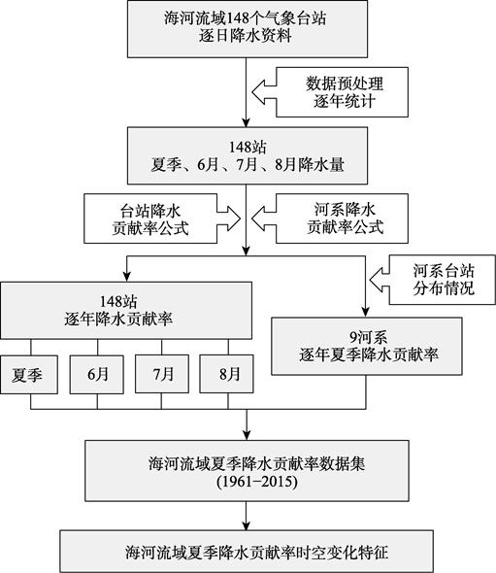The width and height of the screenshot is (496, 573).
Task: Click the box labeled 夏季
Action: [x=29, y=374]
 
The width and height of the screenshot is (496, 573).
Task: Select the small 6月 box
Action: [x=97, y=374]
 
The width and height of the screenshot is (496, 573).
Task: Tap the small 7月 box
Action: [x=162, y=374]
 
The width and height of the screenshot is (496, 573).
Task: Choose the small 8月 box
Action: [x=226, y=374]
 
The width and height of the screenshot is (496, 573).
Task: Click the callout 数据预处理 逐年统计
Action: [x=342, y=92]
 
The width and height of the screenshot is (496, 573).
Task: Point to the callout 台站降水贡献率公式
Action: [x=150, y=219]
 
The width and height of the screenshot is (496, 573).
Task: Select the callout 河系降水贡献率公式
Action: [x=342, y=219]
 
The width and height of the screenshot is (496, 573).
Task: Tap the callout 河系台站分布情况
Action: [x=443, y=280]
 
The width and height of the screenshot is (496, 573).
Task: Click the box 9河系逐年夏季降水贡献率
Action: [x=367, y=346]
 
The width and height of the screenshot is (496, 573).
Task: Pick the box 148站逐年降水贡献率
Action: [x=126, y=310]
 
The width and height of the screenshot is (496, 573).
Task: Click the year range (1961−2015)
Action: [x=257, y=482]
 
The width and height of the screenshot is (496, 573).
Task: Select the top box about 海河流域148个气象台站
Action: [x=248, y=29]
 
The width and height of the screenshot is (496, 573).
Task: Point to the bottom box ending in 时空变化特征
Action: [x=247, y=552]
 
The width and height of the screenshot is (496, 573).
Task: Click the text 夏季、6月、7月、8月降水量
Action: [x=248, y=164]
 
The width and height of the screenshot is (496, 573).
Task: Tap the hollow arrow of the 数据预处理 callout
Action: [x=264, y=92]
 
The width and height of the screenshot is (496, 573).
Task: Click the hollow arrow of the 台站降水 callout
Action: [x=229, y=219]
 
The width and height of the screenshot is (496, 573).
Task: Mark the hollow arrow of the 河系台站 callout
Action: [x=380, y=280]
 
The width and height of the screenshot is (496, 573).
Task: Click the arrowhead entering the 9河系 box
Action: [x=365, y=312]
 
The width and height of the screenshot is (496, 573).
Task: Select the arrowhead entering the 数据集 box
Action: [x=247, y=435]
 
